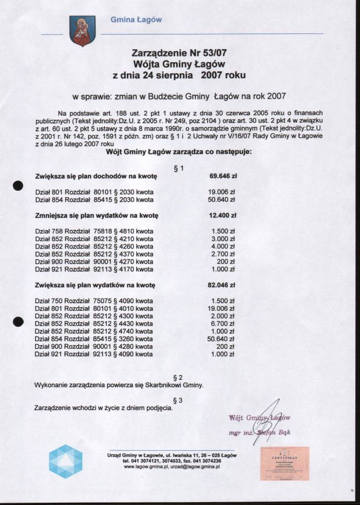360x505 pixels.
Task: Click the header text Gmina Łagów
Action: click(136, 20)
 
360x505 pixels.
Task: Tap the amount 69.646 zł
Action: click(222, 177)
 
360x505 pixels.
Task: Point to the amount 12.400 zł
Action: click(222, 216)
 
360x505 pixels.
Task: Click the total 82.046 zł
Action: click(222, 285)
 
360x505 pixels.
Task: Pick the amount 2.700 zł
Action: click(223, 254)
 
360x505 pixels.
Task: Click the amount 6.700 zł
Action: click(223, 324)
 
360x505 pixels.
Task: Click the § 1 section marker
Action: click(178, 168)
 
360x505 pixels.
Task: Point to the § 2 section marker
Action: click(178, 377)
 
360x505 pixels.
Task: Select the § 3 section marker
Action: click(178, 400)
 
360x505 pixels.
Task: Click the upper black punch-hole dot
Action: click(17, 186)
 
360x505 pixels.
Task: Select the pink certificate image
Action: click(284, 463)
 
